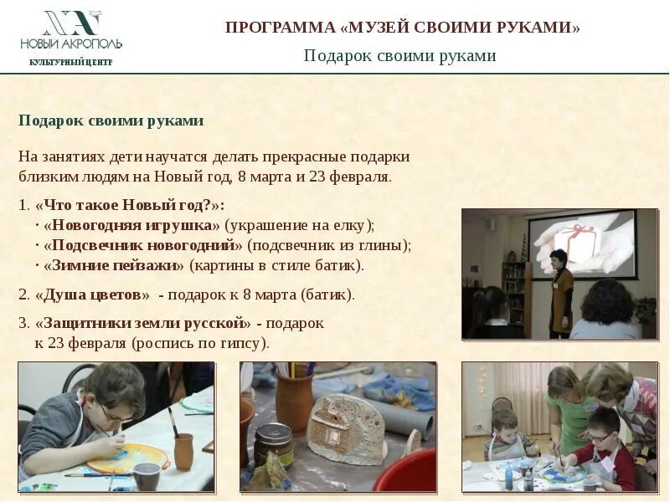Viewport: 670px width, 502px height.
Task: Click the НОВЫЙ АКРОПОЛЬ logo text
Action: coord(71,43)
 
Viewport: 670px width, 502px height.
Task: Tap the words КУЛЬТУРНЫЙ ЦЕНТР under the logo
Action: coord(70,62)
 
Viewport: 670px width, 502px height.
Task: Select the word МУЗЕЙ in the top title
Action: coord(384,28)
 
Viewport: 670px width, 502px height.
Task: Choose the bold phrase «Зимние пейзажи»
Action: coord(114,265)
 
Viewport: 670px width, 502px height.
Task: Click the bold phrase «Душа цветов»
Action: coord(93,295)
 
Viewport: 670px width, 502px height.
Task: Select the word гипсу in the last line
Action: coord(242,343)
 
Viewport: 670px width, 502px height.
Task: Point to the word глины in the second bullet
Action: coord(384,245)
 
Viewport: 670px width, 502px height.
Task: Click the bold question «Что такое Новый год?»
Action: coord(130,205)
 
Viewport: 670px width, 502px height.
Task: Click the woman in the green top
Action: coord(569,410)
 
